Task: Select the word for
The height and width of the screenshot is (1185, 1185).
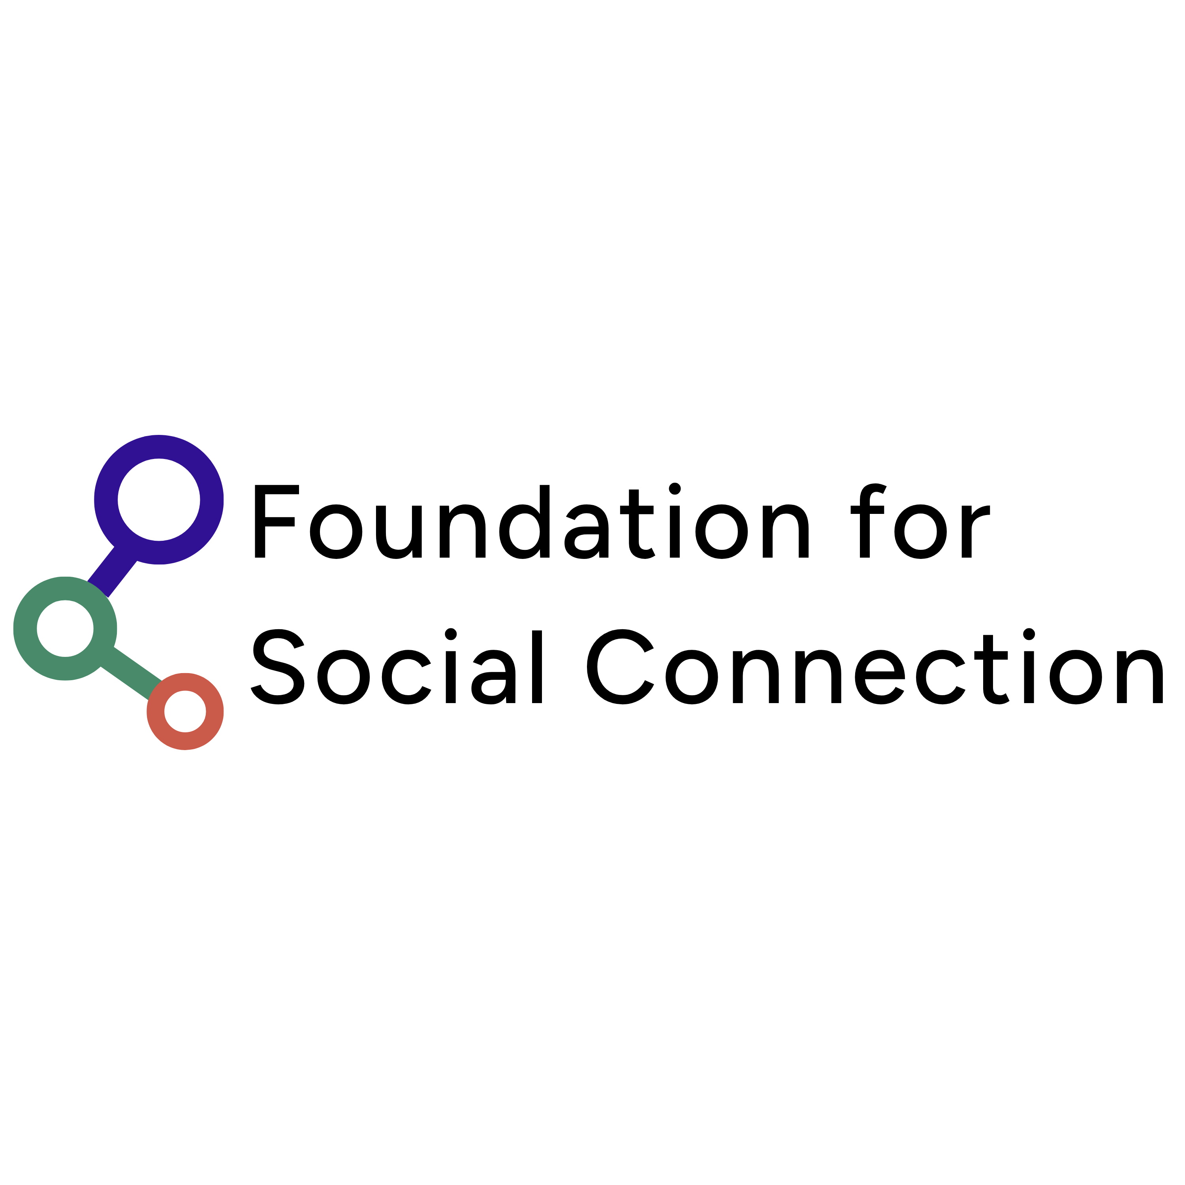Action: (920, 521)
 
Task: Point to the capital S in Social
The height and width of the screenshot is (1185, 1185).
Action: (277, 667)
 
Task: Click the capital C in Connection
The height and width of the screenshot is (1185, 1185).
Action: (620, 667)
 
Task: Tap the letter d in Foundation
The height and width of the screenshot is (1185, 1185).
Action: (525, 522)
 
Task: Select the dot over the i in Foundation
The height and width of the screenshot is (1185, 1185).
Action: (675, 489)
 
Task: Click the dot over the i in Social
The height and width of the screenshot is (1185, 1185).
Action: (451, 634)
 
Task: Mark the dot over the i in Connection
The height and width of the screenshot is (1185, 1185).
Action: (1029, 634)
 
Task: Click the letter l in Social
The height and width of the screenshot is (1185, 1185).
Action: (537, 667)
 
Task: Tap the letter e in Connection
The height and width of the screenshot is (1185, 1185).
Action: (880, 677)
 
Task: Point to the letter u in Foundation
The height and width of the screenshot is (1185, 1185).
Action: (399, 532)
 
